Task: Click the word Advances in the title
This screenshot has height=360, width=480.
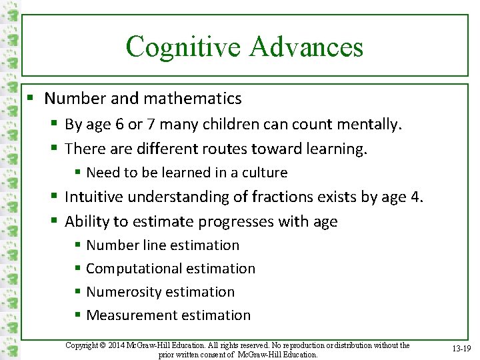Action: (x=307, y=47)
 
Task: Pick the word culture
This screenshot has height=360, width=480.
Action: (x=265, y=173)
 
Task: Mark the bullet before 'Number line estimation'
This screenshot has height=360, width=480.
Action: (x=78, y=245)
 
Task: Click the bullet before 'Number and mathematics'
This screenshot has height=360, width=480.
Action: (x=29, y=99)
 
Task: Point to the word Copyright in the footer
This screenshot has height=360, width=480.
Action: (x=82, y=345)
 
